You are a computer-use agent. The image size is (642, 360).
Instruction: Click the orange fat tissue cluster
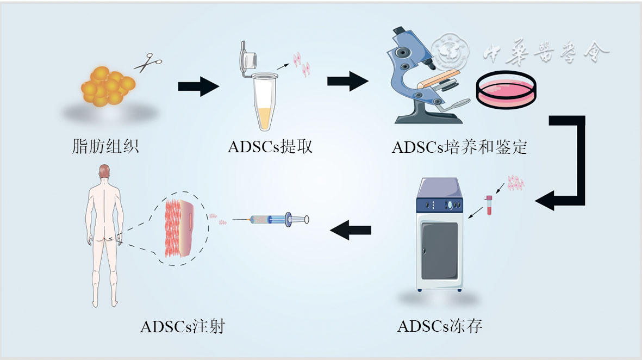108,86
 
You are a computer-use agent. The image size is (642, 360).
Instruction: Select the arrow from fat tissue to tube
198,86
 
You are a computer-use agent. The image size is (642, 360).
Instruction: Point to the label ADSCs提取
270,146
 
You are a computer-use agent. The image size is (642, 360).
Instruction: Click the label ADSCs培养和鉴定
459,147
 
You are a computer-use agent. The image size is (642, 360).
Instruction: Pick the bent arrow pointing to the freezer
568,163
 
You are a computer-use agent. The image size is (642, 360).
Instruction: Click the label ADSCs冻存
440,326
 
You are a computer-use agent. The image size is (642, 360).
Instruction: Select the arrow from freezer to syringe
351,231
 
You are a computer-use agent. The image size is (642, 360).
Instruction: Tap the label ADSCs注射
182,327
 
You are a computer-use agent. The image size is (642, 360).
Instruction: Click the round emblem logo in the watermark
450,52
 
